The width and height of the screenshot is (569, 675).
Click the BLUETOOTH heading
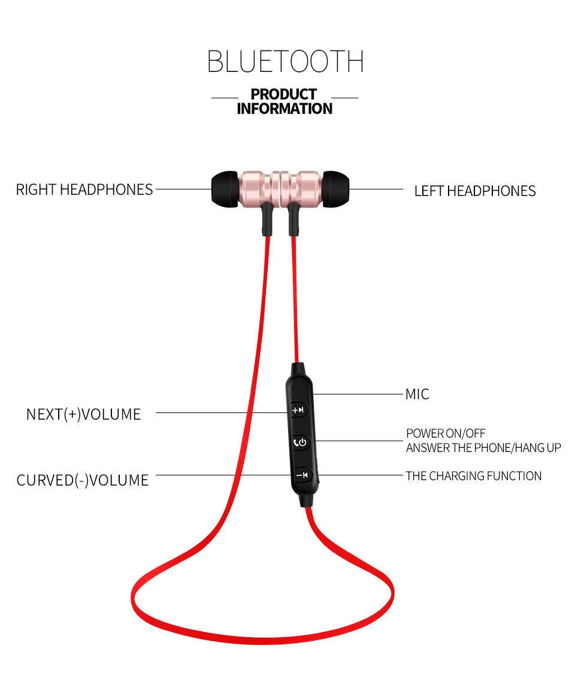285,62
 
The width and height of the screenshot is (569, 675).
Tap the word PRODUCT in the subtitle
283,95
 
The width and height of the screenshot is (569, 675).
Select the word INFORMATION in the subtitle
284,109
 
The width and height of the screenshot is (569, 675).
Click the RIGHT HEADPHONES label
84,190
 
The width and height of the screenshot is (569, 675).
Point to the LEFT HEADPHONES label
475,191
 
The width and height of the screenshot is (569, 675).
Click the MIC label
417,394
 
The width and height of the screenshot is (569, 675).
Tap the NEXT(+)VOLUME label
83,414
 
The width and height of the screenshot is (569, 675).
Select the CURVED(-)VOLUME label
83,481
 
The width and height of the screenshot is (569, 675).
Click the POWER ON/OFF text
446,433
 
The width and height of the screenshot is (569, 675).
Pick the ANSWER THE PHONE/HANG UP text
483,448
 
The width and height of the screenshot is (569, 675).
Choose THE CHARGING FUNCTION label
473,476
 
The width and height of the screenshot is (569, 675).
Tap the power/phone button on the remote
301,443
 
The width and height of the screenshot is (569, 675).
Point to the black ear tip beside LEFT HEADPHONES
336,189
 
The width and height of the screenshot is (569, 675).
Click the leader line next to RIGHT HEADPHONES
183,190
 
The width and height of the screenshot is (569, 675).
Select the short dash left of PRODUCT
225,98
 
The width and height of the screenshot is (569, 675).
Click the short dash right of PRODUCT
344,98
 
